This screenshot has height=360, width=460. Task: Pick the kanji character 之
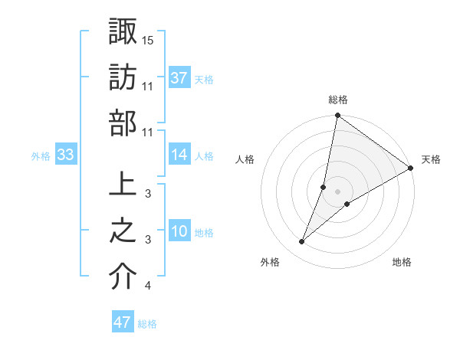123,231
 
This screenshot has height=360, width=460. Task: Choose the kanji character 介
123,277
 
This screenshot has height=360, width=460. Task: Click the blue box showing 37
179,78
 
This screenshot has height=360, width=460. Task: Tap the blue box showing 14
179,155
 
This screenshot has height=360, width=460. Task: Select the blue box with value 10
179,231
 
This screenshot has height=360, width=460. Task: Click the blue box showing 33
66,155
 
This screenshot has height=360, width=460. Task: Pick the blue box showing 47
123,322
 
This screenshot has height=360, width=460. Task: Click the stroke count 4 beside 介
147,286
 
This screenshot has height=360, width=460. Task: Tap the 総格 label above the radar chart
338,100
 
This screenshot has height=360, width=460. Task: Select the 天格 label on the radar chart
432,159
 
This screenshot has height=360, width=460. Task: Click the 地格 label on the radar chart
402,263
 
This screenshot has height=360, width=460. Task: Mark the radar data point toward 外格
302,242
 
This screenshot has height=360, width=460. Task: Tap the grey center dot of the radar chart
338,191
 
